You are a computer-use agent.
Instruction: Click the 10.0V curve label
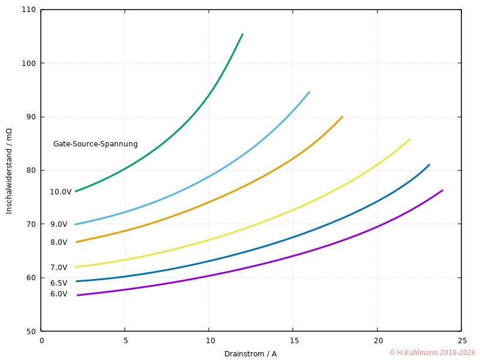[x=61, y=192]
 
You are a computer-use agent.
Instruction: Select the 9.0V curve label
[x=59, y=224]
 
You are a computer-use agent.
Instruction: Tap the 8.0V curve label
[x=59, y=242]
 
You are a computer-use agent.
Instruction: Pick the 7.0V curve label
[x=59, y=268]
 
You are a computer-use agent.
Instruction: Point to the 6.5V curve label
[x=59, y=283]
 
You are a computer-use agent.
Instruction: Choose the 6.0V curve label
[x=59, y=294]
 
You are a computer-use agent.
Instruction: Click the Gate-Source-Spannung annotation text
[x=95, y=144]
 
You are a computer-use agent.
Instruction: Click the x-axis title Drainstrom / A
[x=250, y=354]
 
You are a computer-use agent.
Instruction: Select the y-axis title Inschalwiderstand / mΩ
[x=9, y=171]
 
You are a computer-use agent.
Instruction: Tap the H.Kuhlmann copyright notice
[x=432, y=353]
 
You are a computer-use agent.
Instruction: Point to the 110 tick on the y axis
[x=29, y=10]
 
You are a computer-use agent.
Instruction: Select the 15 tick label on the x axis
[x=293, y=341]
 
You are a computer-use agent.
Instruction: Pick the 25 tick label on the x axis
[x=461, y=341]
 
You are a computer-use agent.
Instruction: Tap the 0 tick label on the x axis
[x=41, y=341]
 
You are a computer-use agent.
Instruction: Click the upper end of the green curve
[x=242, y=34]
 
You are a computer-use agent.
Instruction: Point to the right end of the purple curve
[x=442, y=190]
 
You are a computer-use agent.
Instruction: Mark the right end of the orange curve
[x=342, y=117]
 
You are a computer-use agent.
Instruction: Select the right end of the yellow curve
[x=410, y=139]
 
